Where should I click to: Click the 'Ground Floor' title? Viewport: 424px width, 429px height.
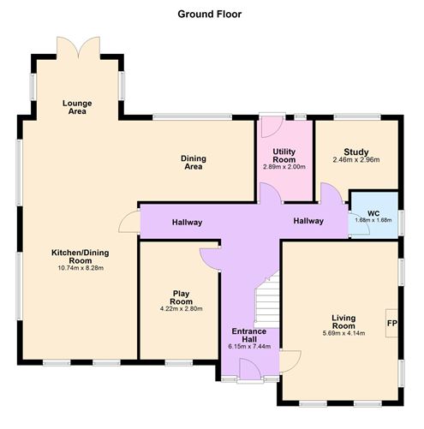210,14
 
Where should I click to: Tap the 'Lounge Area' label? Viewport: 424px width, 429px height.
77,108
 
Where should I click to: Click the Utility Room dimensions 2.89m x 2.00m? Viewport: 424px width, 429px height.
284,167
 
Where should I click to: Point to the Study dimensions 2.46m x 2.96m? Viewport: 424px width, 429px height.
355,159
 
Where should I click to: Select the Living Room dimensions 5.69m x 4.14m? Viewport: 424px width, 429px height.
343,333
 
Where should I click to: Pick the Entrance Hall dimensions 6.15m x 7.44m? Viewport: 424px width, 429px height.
249,346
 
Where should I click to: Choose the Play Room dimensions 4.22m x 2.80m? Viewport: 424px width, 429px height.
180,310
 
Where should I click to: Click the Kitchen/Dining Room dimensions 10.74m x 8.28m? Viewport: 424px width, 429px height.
77,268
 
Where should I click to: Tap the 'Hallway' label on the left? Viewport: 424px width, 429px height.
186,223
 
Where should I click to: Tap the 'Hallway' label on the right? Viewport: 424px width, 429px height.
308,222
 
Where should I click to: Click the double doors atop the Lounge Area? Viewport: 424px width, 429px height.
78,48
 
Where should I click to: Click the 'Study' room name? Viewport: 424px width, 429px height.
355,151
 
